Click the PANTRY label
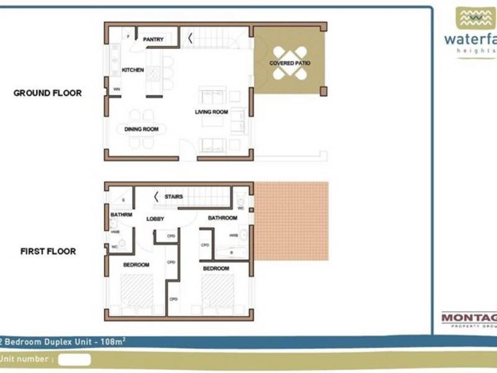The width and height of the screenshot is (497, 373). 153,40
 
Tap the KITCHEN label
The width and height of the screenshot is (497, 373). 132,70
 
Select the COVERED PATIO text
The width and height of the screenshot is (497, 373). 290,63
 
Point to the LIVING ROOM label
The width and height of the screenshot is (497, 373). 211,113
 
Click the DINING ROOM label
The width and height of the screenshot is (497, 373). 142,129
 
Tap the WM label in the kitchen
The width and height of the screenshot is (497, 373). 116,90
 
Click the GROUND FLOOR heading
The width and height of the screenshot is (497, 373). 48,93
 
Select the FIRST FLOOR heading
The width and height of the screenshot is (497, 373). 48,252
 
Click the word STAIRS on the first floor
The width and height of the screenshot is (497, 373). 173,197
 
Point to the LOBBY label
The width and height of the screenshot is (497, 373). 155,219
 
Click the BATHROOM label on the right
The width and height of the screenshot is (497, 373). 222,218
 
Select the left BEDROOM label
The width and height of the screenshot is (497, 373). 136,265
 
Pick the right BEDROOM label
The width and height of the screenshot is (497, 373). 216,269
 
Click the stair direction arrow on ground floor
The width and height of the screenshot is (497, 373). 189,39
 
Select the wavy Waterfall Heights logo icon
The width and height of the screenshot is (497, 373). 476,18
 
